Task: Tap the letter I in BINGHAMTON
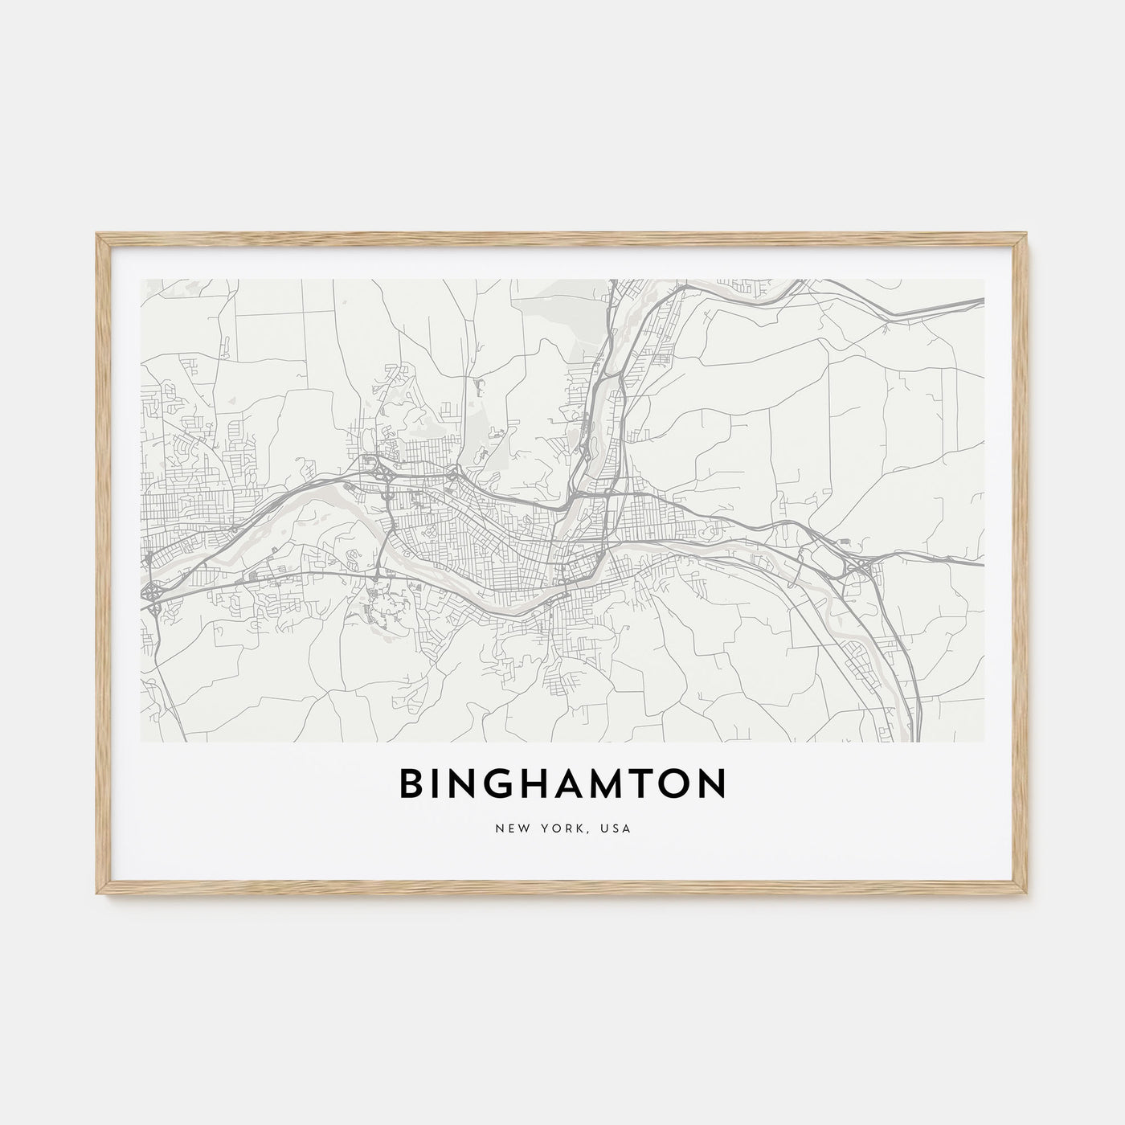click(x=440, y=786)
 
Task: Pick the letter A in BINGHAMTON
click(x=584, y=786)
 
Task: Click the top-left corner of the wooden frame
click(x=97, y=235)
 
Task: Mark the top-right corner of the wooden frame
click(x=1028, y=235)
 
